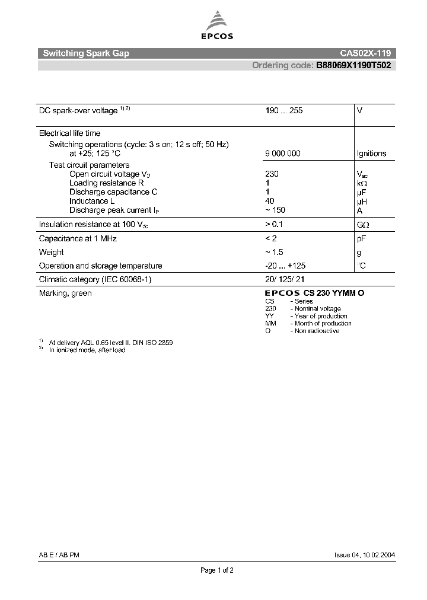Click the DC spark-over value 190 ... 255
(x=284, y=111)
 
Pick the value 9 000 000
(x=283, y=154)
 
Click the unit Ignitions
(x=371, y=154)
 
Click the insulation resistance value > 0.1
(x=275, y=225)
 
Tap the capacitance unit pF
(x=361, y=238)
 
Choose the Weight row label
(x=52, y=252)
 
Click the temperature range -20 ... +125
(x=285, y=266)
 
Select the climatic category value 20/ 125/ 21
(x=285, y=279)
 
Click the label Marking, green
(x=65, y=293)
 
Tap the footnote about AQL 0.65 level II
(x=111, y=343)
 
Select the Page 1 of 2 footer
(x=217, y=570)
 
